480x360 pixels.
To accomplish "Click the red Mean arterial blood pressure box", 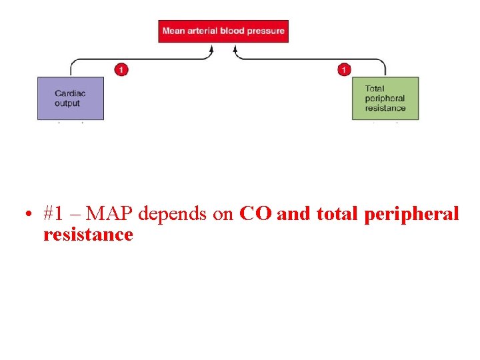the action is coord(223,31).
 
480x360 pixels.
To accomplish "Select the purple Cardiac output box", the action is coord(70,99).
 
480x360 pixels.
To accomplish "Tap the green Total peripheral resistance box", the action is coord(385,99).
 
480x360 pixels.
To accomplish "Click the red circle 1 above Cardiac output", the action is coord(121,69).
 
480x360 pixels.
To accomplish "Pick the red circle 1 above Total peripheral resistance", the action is coord(343,69).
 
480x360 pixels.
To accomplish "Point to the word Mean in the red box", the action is coord(173,31).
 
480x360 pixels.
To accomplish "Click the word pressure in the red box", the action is coord(267,31).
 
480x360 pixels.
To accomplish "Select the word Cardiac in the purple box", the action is coord(70,94).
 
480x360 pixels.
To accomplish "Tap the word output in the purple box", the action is coord(67,103).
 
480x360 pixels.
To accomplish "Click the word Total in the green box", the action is coord(375,89).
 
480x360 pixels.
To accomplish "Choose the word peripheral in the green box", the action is coord(385,99).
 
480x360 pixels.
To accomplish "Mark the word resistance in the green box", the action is coord(385,108).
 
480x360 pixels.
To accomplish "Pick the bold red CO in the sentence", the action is coord(255,214).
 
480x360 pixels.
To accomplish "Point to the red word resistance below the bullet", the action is coord(88,235).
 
